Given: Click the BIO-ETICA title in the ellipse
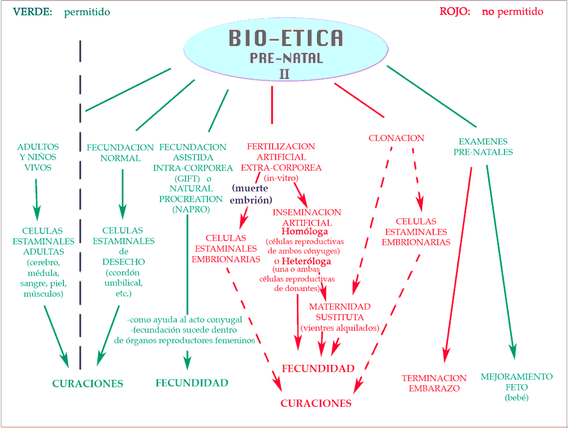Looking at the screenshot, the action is click(286, 38).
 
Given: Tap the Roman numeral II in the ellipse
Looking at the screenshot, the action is click(285, 74).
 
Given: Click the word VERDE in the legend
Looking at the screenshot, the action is click(32, 12).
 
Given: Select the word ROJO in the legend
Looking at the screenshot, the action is click(454, 11).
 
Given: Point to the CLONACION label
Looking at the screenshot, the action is click(396, 138).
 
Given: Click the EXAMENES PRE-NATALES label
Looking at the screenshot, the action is click(483, 147).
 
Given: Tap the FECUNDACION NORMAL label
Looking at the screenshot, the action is click(120, 153).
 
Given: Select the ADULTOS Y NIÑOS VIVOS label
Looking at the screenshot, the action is click(38, 157).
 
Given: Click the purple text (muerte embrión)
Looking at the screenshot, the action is click(250, 194).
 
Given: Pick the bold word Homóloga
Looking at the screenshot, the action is click(304, 232).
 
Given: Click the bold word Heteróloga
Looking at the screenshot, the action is click(307, 261).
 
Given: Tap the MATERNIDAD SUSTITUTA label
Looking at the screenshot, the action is click(340, 312).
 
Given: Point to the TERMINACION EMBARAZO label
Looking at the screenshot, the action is click(434, 383).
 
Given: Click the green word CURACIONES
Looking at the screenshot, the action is click(87, 384).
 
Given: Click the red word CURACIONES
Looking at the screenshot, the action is click(316, 403).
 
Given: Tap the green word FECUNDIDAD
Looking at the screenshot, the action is click(192, 383).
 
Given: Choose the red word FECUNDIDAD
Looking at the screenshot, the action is click(318, 369).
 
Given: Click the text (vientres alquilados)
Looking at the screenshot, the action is click(340, 328).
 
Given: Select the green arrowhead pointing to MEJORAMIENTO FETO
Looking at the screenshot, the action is click(513, 352).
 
